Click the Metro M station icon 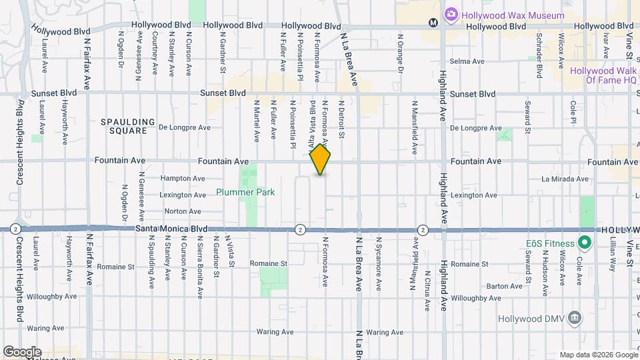433,22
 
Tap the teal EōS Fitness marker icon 585,243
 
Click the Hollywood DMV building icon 574,318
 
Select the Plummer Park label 245,192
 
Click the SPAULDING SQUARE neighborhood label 128,127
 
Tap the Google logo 22,352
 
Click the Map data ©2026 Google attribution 598,355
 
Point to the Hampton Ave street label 183,179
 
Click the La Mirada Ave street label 565,179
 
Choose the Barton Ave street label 504,285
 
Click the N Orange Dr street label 400,53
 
